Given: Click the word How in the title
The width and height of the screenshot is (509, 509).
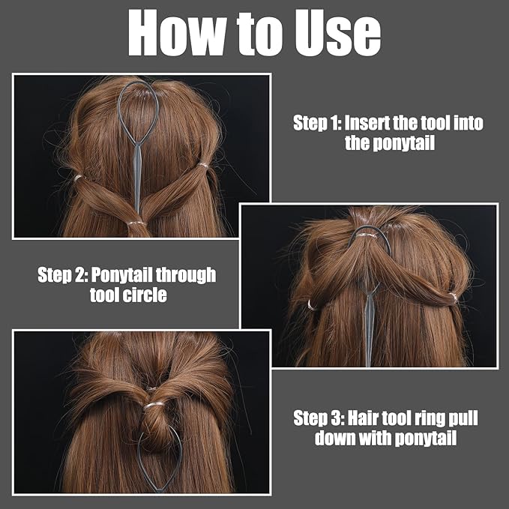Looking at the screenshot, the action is point(177,33).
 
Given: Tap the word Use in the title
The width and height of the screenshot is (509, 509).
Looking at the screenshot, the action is point(337,33).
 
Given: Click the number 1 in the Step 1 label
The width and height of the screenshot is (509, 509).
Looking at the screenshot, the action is point(335,124).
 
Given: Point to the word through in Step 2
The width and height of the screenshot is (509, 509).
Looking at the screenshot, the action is point(186,275).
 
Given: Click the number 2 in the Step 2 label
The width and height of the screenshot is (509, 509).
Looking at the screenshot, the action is point(80,275).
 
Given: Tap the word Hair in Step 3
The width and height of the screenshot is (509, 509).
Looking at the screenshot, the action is point(362,418).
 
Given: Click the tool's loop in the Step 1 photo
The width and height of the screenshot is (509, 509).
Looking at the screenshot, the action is point(118,110).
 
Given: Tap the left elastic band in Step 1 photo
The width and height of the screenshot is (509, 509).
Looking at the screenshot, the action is point(77,178).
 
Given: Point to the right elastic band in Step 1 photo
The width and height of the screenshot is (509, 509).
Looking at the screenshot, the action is point(203,165).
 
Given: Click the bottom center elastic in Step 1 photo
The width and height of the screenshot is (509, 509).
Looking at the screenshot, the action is point(136,223).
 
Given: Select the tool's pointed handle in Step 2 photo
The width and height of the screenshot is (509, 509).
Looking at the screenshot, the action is point(369,328).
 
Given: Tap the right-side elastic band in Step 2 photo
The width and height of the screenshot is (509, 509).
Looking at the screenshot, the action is point(454,296).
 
